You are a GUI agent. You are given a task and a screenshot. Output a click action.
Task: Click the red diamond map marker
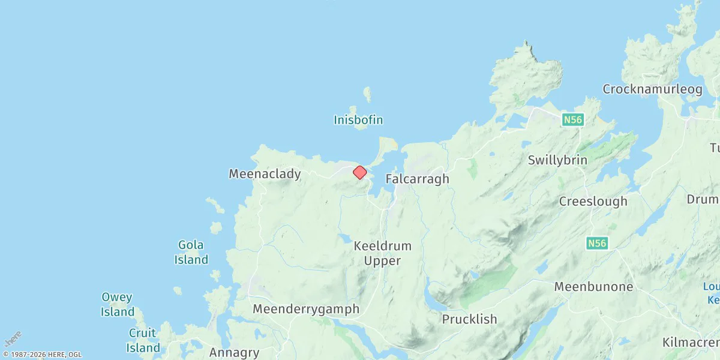(359, 173)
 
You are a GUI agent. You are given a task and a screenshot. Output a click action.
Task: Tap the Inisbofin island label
(358, 120)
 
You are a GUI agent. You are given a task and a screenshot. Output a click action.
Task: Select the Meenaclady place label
(265, 174)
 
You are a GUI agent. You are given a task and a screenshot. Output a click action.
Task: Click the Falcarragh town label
(417, 179)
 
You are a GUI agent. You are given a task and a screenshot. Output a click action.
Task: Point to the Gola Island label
(191, 253)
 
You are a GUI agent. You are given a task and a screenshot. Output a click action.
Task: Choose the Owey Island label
(118, 305)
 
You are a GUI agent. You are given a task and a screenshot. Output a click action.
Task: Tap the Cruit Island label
(143, 340)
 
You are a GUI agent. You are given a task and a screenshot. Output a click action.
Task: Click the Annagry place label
(234, 353)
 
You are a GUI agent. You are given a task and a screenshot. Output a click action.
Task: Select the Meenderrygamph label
(306, 309)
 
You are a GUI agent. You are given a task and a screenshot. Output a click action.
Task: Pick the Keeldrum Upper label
(383, 253)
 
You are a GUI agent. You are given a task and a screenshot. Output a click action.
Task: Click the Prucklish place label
(470, 319)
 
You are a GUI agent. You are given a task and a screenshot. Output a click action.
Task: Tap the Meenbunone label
(593, 287)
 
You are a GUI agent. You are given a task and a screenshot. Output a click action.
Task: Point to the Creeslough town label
(593, 202)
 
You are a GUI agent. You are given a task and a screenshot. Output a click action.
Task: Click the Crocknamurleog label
(652, 89)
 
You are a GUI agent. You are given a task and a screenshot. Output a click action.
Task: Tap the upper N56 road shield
(573, 120)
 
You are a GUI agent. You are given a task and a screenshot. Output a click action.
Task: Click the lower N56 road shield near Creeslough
(597, 243)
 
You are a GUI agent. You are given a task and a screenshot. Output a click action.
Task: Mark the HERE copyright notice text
(42, 355)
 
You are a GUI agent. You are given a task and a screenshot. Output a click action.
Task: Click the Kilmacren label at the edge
(691, 343)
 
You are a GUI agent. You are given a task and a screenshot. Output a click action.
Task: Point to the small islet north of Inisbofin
(367, 94)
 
